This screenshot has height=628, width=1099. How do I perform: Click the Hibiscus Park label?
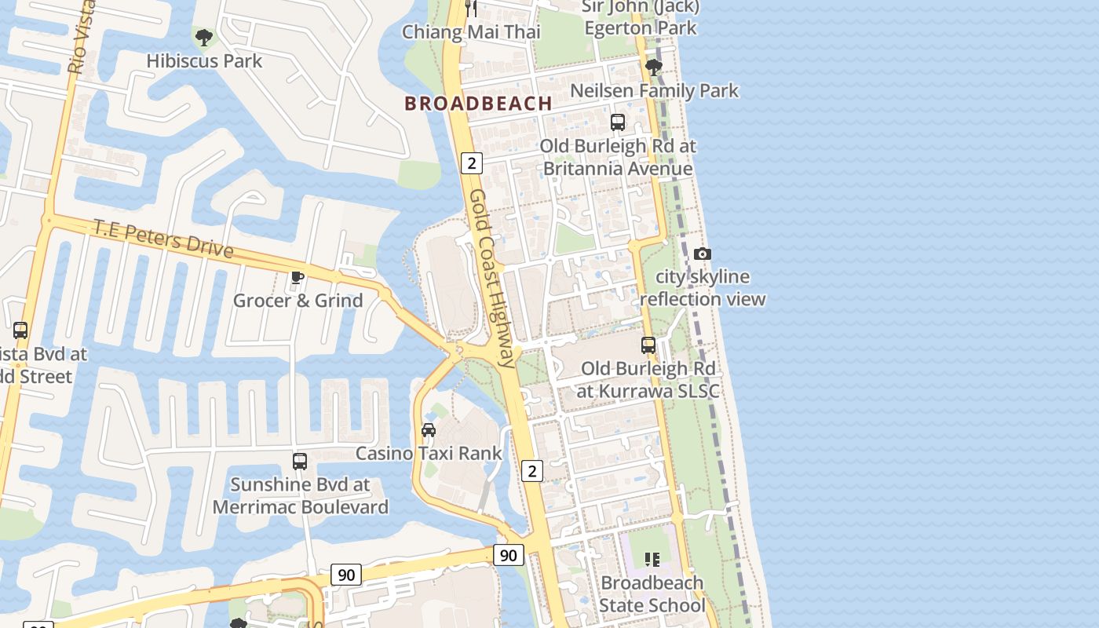pyautogui.click(x=204, y=60)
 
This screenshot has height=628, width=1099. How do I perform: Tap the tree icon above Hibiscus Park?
pyautogui.click(x=204, y=36)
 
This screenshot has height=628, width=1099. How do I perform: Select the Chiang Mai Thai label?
pyautogui.click(x=471, y=32)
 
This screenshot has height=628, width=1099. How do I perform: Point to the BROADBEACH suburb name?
pyautogui.click(x=479, y=103)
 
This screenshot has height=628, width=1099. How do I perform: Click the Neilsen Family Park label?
pyautogui.click(x=654, y=91)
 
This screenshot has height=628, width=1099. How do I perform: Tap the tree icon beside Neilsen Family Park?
pyautogui.click(x=653, y=68)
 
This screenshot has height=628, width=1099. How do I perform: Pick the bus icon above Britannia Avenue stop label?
pyautogui.click(x=618, y=122)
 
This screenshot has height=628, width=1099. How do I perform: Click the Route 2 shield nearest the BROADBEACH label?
pyautogui.click(x=471, y=163)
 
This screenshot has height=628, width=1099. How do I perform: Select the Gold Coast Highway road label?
pyautogui.click(x=493, y=278)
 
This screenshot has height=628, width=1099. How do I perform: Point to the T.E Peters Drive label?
pyautogui.click(x=163, y=238)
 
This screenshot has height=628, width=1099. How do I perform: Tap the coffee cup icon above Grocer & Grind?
pyautogui.click(x=298, y=277)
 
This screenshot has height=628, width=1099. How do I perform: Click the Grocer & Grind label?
pyautogui.click(x=298, y=301)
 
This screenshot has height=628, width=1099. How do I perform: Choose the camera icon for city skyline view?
pyautogui.click(x=703, y=254)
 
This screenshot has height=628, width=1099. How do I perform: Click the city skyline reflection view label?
pyautogui.click(x=703, y=288)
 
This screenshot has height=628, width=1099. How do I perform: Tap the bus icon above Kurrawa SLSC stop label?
pyautogui.click(x=648, y=345)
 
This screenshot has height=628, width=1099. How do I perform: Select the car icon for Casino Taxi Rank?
pyautogui.click(x=429, y=429)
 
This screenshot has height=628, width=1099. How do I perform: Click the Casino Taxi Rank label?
pyautogui.click(x=429, y=453)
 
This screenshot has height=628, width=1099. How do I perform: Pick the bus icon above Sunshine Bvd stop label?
pyautogui.click(x=300, y=461)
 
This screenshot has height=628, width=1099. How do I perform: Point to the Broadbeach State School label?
pyautogui.click(x=652, y=594)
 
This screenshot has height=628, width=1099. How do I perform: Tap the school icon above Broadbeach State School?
pyautogui.click(x=652, y=559)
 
